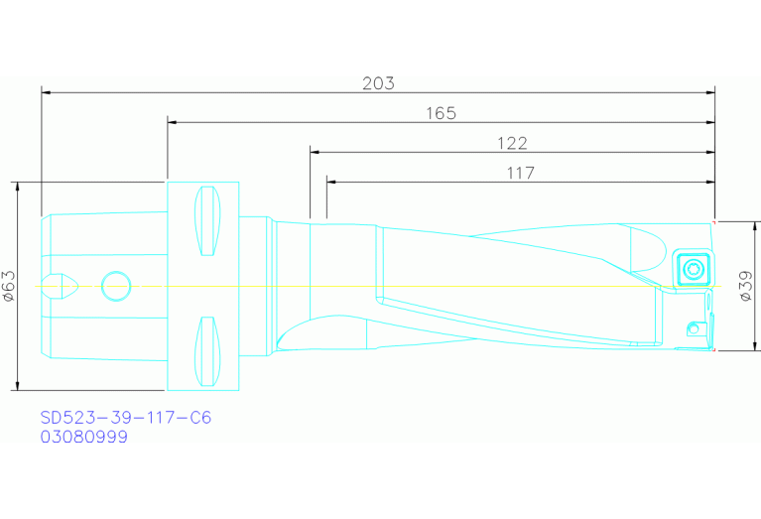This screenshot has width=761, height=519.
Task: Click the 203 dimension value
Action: (x=378, y=83)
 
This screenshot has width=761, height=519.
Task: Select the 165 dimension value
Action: (x=441, y=113)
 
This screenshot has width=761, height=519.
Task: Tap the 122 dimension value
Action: (x=511, y=143)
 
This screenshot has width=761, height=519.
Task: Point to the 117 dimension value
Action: (x=519, y=173)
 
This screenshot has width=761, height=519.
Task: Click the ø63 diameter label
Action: (x=9, y=286)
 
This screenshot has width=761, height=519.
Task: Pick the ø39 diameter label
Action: (x=744, y=286)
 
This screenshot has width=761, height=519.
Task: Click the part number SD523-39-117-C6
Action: (x=125, y=418)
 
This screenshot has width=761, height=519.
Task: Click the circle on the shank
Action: (x=116, y=286)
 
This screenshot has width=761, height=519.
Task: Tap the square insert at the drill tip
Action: (x=692, y=268)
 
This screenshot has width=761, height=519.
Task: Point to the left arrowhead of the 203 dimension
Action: (x=46, y=92)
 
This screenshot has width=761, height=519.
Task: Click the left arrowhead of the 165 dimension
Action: (x=172, y=122)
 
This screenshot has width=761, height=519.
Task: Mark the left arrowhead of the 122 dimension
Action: (x=315, y=152)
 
